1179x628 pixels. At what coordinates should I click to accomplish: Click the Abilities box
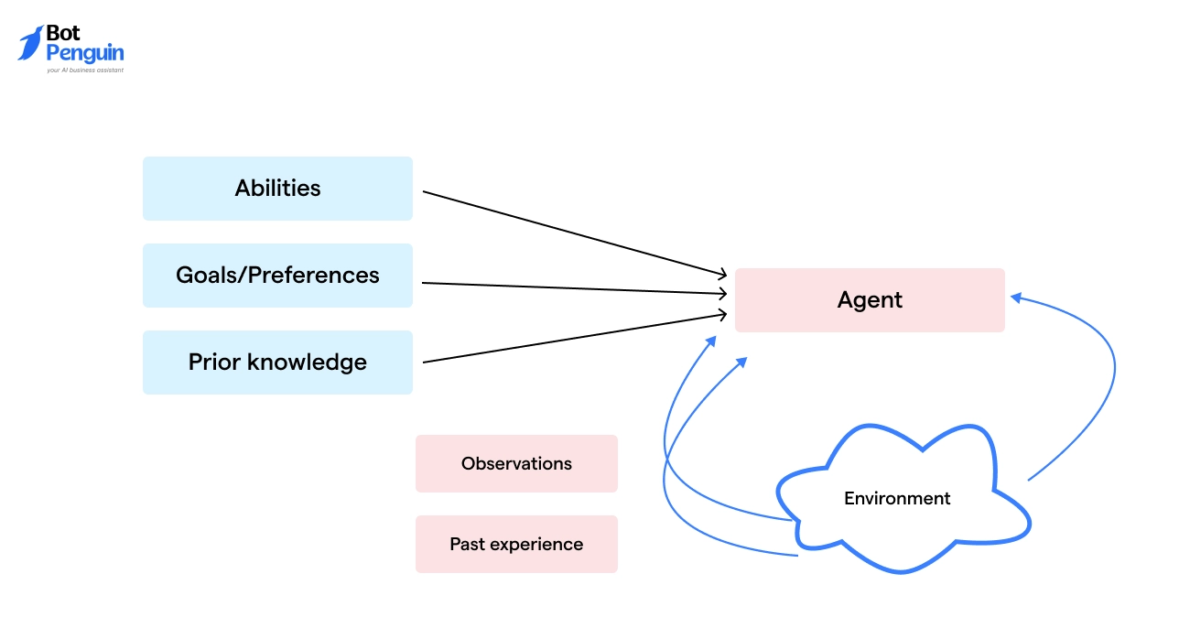[277, 189]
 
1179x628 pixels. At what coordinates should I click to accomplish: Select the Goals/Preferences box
[277, 276]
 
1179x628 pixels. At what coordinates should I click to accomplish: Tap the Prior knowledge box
[277, 363]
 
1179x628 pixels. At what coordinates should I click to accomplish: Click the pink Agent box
[870, 300]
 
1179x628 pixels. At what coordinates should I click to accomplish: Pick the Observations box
[516, 464]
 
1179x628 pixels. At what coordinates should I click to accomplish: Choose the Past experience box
[516, 545]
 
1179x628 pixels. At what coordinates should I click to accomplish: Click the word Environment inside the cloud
[897, 499]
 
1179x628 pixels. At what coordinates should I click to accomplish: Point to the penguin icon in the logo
[30, 43]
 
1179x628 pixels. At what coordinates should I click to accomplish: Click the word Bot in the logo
[63, 34]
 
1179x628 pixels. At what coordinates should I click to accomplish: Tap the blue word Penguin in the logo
[84, 53]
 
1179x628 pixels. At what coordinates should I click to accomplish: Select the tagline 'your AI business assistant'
[84, 70]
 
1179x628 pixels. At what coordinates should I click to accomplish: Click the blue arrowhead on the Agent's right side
[1015, 297]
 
